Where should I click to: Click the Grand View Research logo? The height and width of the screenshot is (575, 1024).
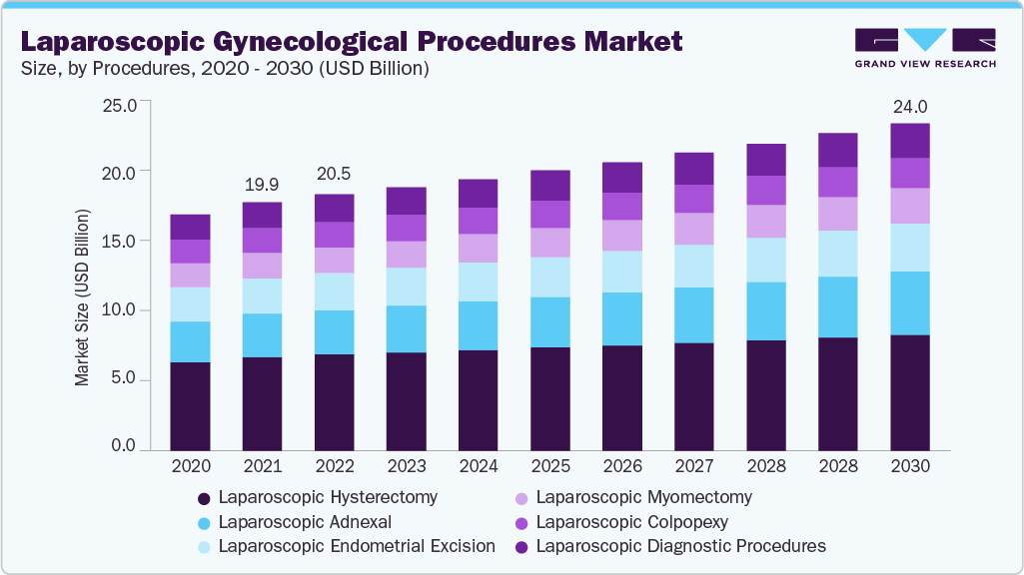[924, 47]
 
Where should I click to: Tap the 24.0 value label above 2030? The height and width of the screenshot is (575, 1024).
[910, 106]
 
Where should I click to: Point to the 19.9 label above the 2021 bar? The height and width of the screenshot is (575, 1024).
[262, 185]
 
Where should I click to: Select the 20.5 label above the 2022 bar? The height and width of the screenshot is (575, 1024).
[333, 173]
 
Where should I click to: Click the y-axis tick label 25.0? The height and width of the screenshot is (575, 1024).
[120, 104]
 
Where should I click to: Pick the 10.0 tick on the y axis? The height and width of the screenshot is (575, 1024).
[120, 309]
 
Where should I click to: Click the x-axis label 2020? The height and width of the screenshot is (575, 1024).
[190, 466]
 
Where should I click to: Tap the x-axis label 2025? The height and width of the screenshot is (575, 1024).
[549, 466]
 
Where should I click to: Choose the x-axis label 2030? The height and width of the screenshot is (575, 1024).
[910, 466]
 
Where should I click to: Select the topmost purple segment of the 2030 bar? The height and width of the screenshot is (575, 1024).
[910, 141]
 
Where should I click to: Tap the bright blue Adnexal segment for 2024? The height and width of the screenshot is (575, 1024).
[478, 325]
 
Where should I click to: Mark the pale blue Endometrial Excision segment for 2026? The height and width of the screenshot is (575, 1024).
[621, 272]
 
